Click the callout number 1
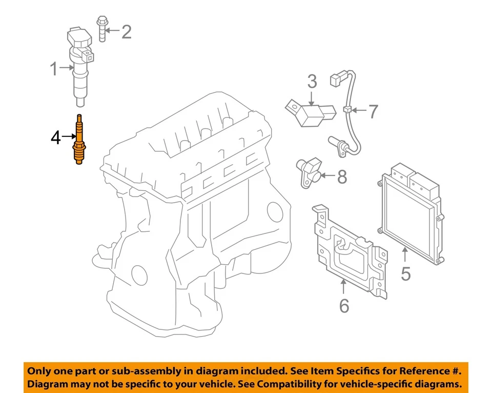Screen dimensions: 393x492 point(54,69)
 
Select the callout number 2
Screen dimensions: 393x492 point(126,32)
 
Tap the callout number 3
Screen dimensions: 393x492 point(312,81)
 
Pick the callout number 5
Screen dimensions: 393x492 point(405,273)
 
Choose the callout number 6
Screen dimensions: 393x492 point(344,305)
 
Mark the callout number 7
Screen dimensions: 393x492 point(373,111)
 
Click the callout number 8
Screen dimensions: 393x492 point(342,177)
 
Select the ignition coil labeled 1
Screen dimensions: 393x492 point(79,62)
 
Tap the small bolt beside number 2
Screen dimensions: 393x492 point(101,30)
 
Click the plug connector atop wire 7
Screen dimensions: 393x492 point(336,80)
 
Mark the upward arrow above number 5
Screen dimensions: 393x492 point(405,254)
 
